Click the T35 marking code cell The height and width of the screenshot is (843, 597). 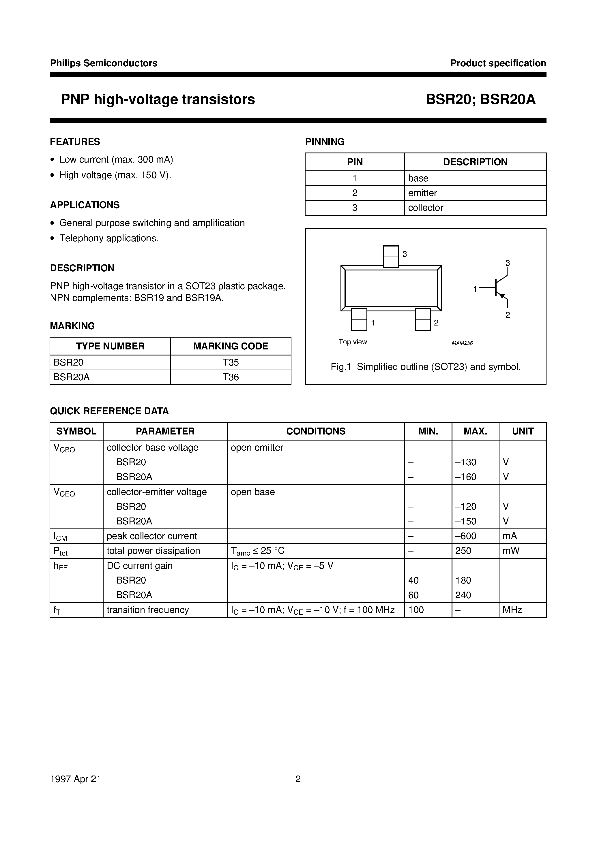(x=231, y=363)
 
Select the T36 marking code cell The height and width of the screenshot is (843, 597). (x=231, y=377)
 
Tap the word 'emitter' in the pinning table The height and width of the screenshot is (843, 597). (x=422, y=193)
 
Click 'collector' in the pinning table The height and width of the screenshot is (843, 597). (x=426, y=208)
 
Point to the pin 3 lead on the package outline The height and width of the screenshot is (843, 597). (x=391, y=256)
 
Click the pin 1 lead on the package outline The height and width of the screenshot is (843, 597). (x=359, y=319)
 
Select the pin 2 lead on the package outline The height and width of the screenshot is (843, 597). (x=423, y=319)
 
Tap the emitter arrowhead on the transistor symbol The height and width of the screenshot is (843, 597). (x=503, y=296)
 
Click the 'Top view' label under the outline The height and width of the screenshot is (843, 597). (x=353, y=342)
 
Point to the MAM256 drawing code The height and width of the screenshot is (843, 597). (x=462, y=343)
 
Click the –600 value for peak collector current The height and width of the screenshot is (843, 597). (x=466, y=536)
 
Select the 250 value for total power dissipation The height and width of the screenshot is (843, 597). (x=463, y=551)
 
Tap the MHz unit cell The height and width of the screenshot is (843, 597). (x=512, y=610)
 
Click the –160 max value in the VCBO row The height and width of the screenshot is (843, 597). (x=466, y=477)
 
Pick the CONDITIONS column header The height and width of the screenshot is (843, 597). (x=316, y=431)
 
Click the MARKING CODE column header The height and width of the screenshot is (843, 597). (x=231, y=346)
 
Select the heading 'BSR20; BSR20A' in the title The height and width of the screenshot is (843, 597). (x=480, y=99)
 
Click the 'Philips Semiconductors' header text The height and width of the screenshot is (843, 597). (x=104, y=63)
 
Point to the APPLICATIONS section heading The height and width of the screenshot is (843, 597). (x=85, y=205)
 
